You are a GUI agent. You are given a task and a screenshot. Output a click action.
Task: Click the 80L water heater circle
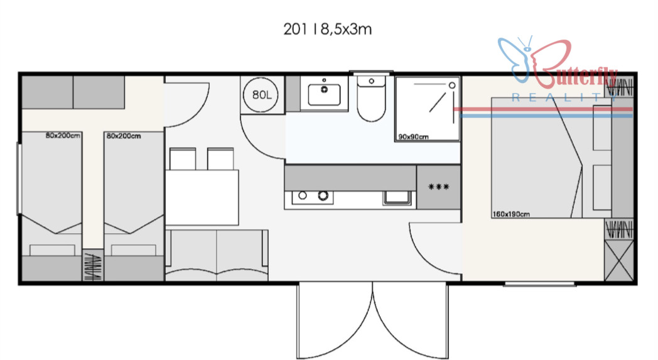coord(261,94)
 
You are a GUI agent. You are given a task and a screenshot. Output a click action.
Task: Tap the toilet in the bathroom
coord(372,99)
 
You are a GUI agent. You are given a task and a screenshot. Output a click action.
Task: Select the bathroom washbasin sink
coord(324,94)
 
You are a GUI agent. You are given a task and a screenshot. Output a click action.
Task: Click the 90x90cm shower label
coord(413,136)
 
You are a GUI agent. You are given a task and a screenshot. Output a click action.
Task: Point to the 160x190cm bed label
coord(511,214)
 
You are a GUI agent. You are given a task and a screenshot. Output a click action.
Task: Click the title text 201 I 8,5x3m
coord(327,30)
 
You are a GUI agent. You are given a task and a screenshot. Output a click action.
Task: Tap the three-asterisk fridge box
coord(438,187)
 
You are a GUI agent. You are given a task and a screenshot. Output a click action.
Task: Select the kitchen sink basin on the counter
coord(397,197)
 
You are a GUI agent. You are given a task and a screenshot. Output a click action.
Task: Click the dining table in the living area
coord(202,197)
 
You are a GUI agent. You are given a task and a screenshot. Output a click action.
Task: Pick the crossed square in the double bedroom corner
coord(619,261)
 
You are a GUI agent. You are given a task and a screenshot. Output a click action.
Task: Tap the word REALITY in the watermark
coord(564,98)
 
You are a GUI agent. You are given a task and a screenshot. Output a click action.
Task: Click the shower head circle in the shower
coord(452,85)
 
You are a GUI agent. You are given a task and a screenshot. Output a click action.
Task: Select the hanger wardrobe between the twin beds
coord(92,265)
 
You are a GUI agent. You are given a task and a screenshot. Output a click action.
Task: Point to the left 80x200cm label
coord(63,135)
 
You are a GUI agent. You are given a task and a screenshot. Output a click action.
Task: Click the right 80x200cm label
coord(123,136)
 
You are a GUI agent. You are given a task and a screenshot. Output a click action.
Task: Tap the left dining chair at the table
coord(183,159)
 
